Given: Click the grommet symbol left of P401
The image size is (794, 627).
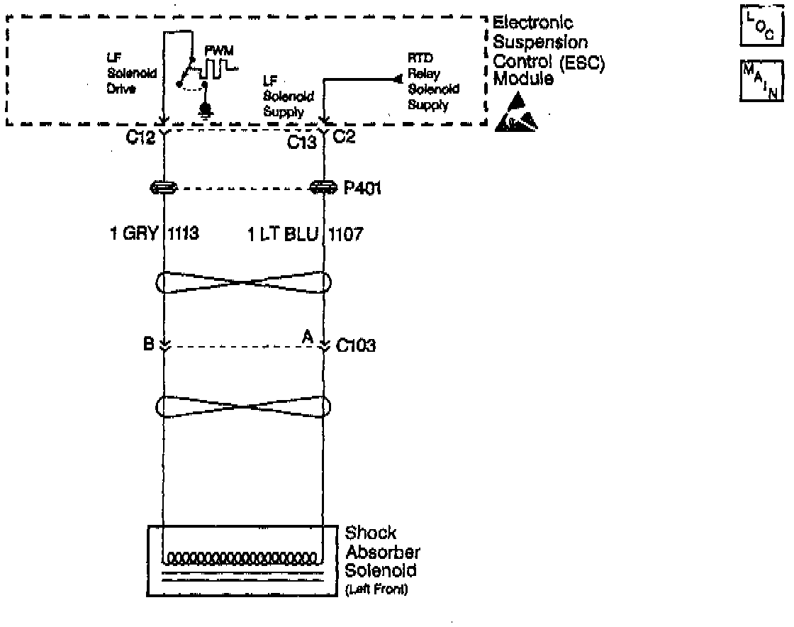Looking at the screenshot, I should pyautogui.click(x=164, y=189).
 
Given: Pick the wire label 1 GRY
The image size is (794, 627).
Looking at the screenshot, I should pyautogui.click(x=134, y=234).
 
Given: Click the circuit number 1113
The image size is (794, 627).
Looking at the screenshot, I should pyautogui.click(x=184, y=234).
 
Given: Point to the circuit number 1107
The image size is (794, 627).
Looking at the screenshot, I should pyautogui.click(x=345, y=234).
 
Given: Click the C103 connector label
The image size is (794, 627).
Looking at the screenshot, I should pyautogui.click(x=356, y=347).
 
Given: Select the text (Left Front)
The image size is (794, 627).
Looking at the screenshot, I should pyautogui.click(x=376, y=589).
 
